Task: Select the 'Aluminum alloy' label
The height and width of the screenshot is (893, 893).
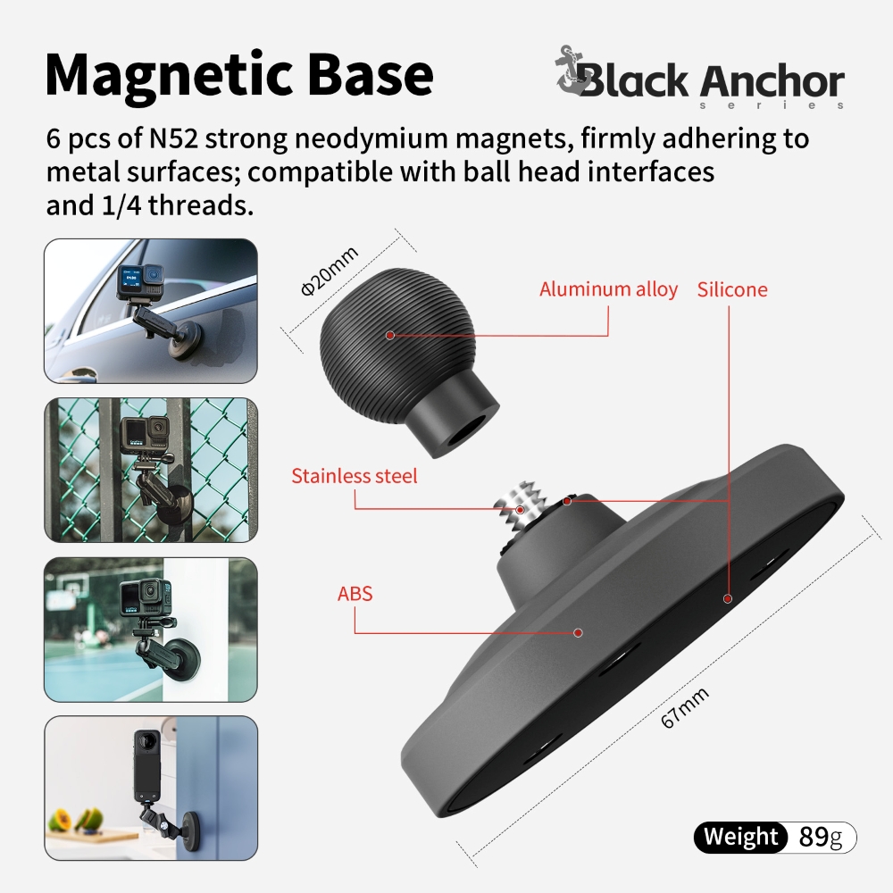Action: click(x=608, y=289)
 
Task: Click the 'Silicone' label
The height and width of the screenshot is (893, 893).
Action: click(x=732, y=289)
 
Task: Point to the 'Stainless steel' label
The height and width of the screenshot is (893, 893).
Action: click(x=355, y=476)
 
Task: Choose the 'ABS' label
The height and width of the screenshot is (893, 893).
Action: click(x=355, y=594)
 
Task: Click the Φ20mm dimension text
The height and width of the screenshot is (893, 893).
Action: click(x=330, y=271)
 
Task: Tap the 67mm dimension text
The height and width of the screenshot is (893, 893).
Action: click(x=685, y=707)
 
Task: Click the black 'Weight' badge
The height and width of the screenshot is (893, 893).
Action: click(x=740, y=838)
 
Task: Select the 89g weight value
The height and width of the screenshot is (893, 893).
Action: click(x=820, y=838)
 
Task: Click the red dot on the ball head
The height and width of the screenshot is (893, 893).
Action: click(x=390, y=335)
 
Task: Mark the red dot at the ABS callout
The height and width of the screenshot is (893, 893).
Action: click(x=578, y=633)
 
